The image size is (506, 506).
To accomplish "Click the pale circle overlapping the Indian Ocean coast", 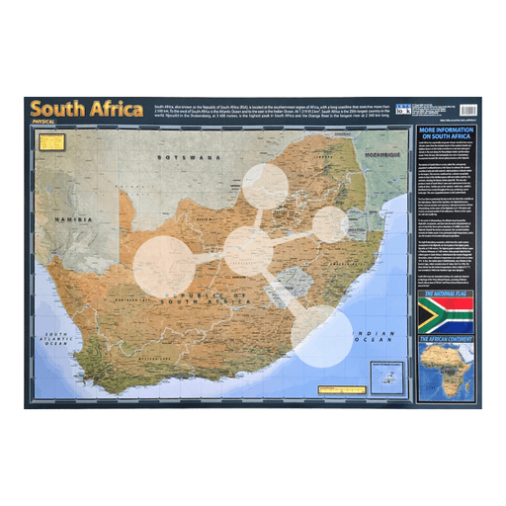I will coord(321,335).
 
